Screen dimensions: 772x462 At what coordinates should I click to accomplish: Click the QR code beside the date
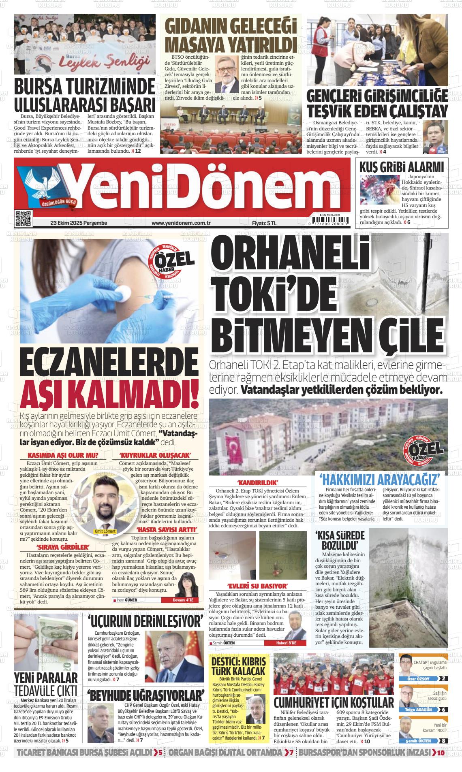tap(23, 218)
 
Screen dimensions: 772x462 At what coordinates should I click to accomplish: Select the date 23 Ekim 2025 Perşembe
tap(78, 223)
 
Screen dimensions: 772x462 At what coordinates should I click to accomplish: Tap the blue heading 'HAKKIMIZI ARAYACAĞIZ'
tap(380, 481)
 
